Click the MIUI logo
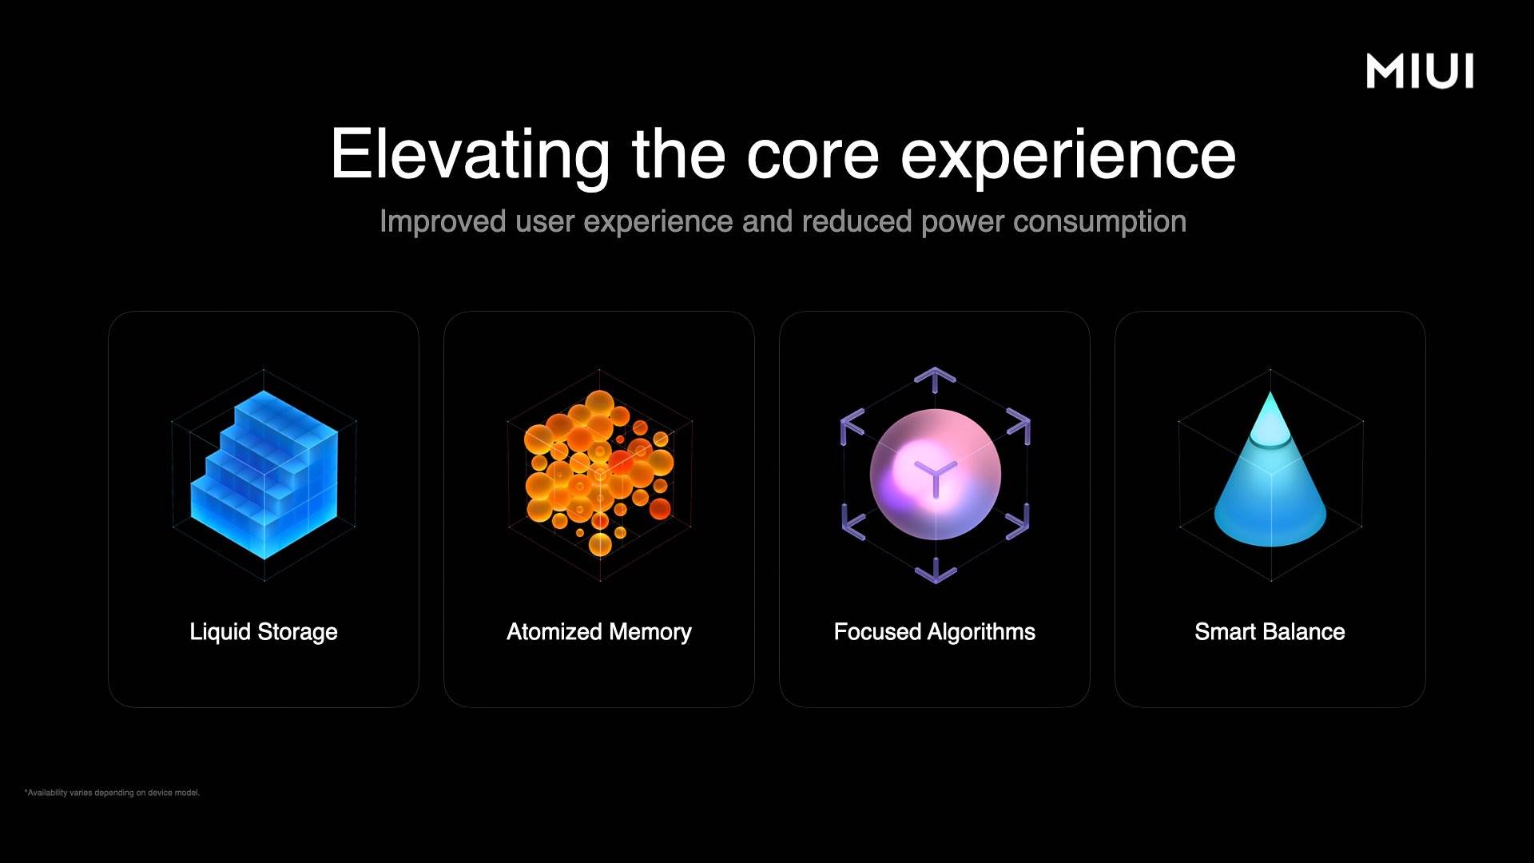click(x=1420, y=71)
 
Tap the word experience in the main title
click(x=1068, y=156)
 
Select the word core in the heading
click(x=813, y=156)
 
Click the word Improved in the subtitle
click(x=443, y=222)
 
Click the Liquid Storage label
click(x=264, y=632)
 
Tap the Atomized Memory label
click(x=599, y=632)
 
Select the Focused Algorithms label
click(x=935, y=632)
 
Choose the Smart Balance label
click(x=1270, y=632)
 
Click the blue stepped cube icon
click(x=264, y=475)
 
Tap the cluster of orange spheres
click(x=599, y=471)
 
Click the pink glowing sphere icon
click(x=935, y=475)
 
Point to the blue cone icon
click(x=1270, y=479)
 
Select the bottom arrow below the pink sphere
click(x=935, y=572)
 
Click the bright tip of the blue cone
click(x=1270, y=404)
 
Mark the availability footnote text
click(x=112, y=793)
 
